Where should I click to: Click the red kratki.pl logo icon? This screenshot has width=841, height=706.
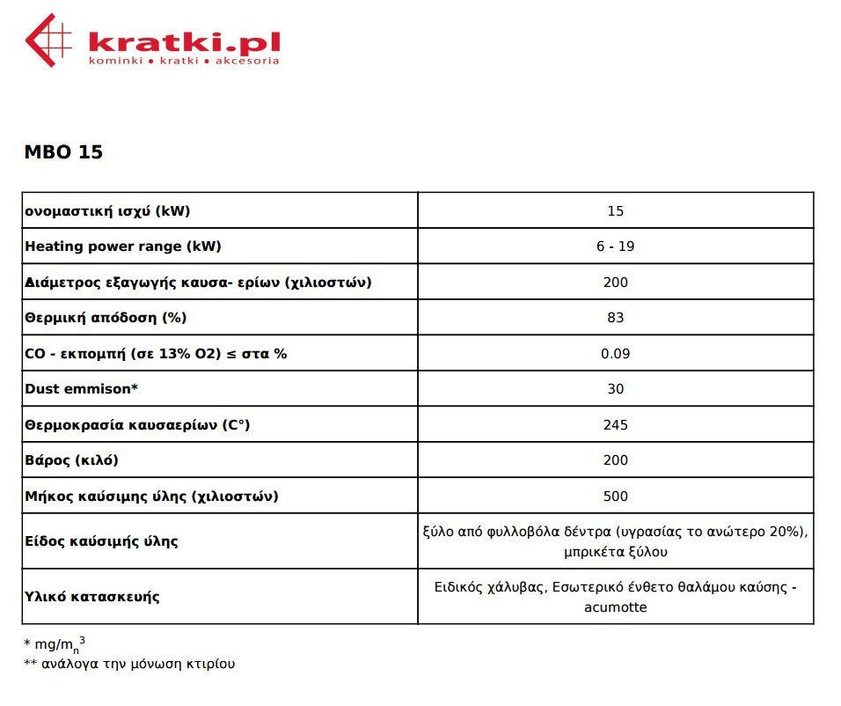tap(48, 40)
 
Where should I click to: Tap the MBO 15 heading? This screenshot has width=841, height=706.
tap(63, 152)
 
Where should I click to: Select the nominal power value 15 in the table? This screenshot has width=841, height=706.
tap(615, 211)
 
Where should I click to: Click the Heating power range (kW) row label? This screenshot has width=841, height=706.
tap(123, 246)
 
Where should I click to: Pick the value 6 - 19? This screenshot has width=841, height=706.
tap(615, 246)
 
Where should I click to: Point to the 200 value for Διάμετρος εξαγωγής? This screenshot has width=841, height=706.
tap(616, 283)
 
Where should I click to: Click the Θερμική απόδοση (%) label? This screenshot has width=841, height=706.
tap(106, 318)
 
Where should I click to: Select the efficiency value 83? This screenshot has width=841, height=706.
tap(615, 318)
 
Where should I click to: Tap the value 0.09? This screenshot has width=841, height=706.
tap(615, 354)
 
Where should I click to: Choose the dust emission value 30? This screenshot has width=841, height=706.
tap(615, 389)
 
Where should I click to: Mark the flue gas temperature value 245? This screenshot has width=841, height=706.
tap(616, 425)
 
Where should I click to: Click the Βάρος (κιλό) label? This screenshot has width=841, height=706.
tap(71, 460)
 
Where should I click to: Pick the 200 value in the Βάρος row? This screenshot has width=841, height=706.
tap(616, 460)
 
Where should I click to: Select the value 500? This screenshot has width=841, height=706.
tap(616, 496)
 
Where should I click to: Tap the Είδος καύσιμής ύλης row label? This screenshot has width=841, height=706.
tap(101, 541)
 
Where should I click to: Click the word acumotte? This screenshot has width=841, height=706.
tap(615, 607)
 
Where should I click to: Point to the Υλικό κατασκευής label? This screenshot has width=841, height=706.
tap(92, 597)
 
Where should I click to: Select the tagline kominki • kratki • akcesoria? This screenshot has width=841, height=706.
tap(184, 61)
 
